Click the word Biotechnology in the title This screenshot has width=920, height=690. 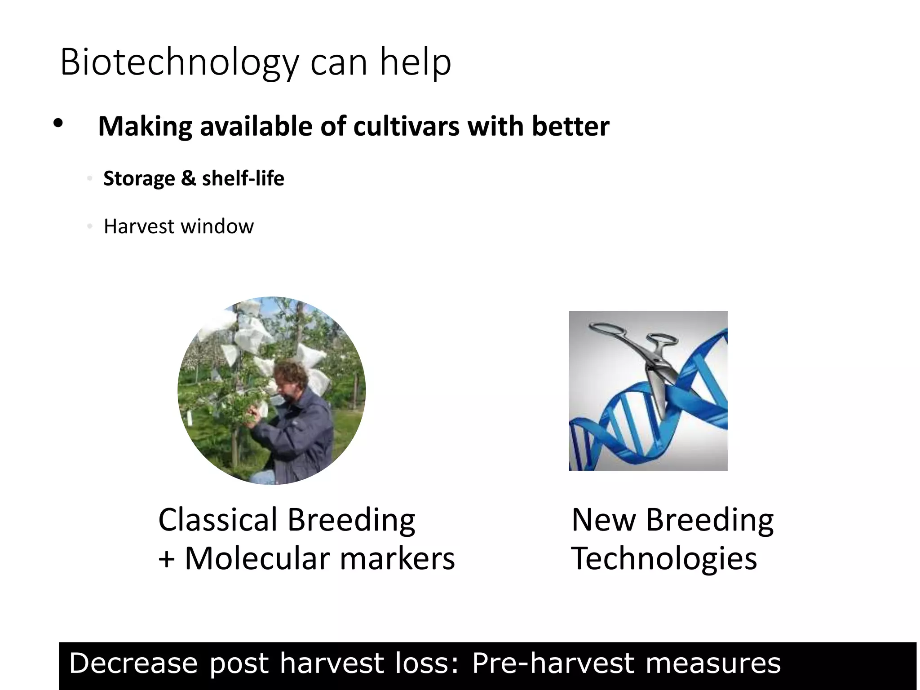(x=179, y=63)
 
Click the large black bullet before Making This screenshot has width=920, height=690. (x=57, y=124)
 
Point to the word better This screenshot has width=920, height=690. (x=571, y=126)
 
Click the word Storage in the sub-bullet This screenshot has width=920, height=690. (x=139, y=179)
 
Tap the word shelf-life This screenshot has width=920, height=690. (x=243, y=178)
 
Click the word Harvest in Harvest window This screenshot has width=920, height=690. (x=139, y=226)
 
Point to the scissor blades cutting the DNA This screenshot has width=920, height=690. (x=659, y=386)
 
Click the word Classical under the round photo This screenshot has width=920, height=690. (x=218, y=520)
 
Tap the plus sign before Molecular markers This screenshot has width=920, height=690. (x=166, y=559)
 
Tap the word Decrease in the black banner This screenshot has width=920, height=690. (x=133, y=663)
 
